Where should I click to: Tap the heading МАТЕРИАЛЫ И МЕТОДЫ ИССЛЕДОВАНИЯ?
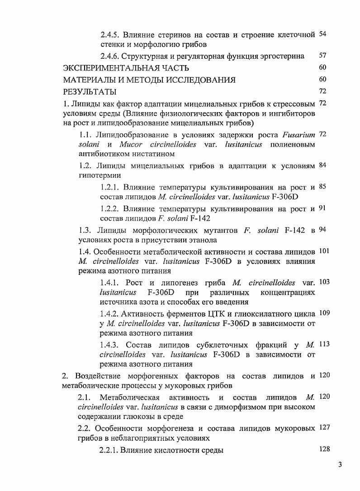click(149, 80)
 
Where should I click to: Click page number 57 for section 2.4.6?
click(322, 56)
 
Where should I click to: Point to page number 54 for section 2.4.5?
click(322, 35)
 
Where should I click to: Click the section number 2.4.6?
click(110, 57)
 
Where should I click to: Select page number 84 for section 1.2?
click(322, 165)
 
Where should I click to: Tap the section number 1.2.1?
click(110, 188)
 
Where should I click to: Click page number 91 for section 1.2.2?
click(322, 208)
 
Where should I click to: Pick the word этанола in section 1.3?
click(201, 240)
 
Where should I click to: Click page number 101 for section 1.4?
click(324, 250)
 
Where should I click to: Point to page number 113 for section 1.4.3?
click(324, 344)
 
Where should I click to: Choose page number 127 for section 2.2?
click(324, 428)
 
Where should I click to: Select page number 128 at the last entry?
click(324, 449)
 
